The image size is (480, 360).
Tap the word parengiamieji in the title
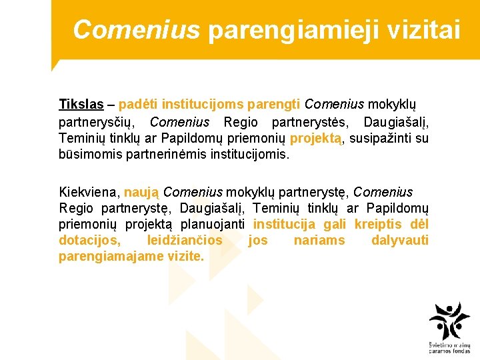[x=289, y=30]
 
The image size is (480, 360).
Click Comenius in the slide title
[x=136, y=29]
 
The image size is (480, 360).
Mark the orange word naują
[x=141, y=192]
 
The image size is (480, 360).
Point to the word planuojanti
[x=213, y=224]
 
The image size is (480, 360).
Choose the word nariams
[x=319, y=240]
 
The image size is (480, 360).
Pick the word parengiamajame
[x=107, y=256]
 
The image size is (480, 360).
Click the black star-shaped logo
[x=449, y=322]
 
